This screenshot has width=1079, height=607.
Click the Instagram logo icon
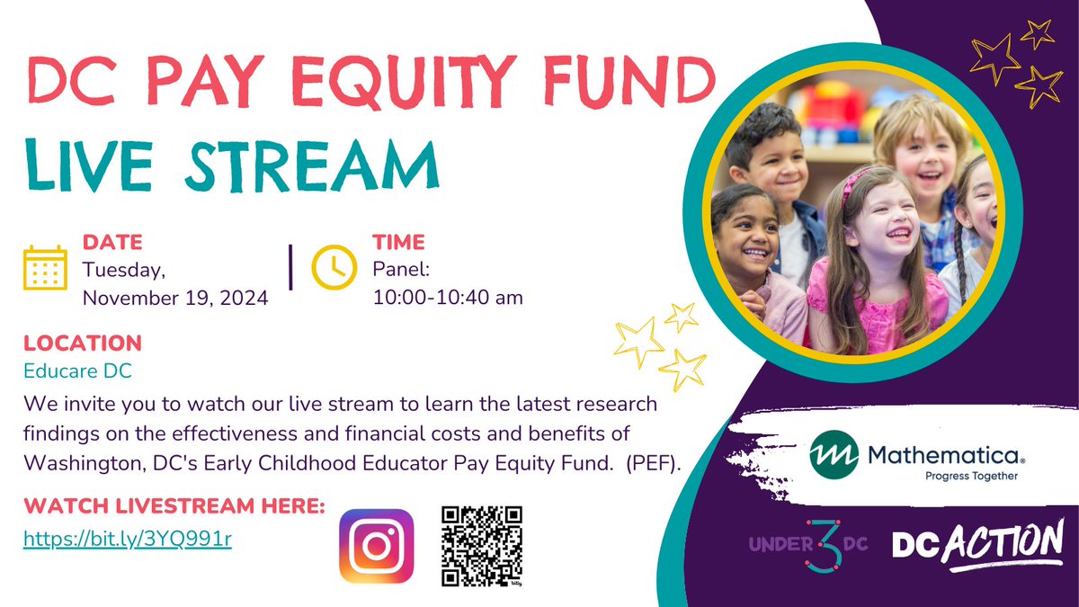tap(376, 547)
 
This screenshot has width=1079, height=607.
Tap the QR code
tap(482, 547)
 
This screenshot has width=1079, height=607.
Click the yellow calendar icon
tap(45, 267)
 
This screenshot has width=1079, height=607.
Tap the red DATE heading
tap(111, 243)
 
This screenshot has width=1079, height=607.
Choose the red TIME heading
tap(399, 243)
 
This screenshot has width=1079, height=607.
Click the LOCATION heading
tap(83, 343)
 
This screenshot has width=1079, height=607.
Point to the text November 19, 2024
tap(175, 298)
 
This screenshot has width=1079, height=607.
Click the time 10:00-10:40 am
tap(448, 298)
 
